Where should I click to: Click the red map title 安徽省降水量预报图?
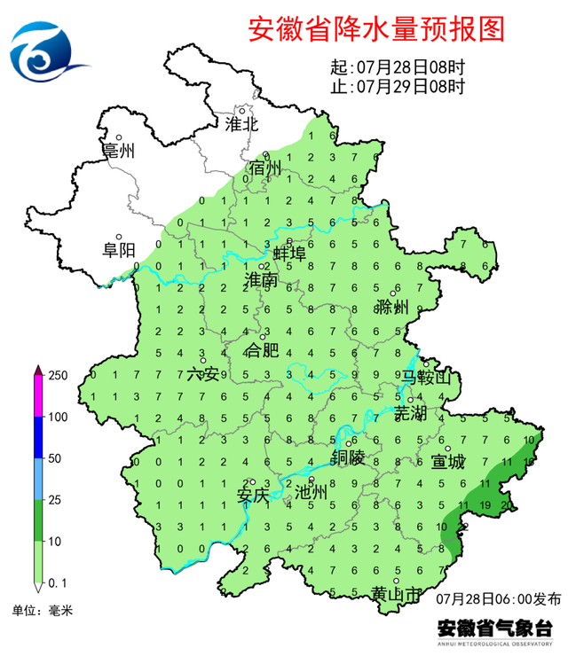click(375, 28)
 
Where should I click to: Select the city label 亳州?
click(118, 151)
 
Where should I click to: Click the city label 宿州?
click(264, 168)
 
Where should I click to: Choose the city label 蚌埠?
click(288, 254)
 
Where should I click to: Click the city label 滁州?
click(391, 308)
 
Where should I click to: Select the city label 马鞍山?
click(427, 379)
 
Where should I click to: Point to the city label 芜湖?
click(410, 413)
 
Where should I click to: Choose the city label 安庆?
click(252, 496)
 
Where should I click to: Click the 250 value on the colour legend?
click(58, 376)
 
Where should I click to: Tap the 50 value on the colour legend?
click(54, 458)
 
